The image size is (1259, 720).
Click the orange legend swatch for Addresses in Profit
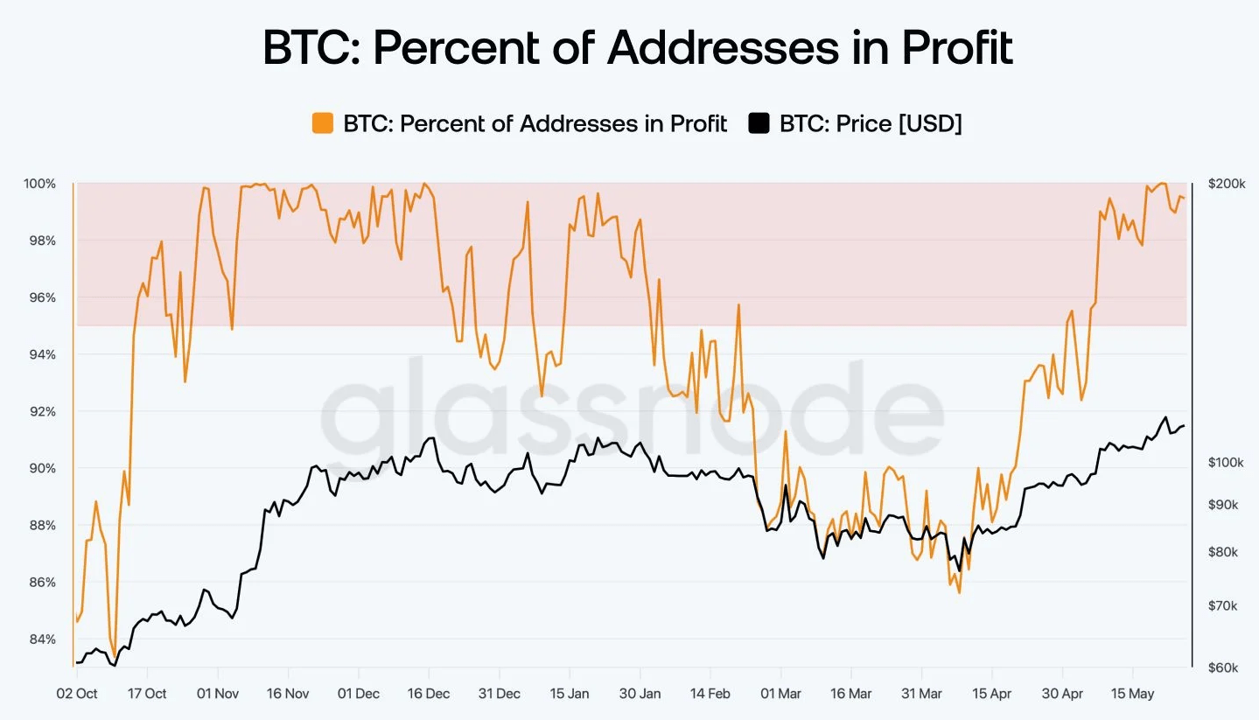tap(322, 123)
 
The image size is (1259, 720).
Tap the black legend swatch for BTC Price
tap(759, 123)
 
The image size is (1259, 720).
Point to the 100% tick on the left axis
tap(40, 184)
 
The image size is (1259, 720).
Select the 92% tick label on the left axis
tap(40, 411)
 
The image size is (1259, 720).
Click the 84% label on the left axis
tap(40, 639)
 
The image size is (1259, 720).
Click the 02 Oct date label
tap(77, 694)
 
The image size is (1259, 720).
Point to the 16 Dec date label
tap(429, 694)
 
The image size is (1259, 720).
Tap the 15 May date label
tap(1132, 694)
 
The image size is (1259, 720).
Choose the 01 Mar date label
tap(780, 694)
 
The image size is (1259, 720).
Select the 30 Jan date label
tap(640, 694)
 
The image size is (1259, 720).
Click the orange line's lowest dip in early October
tap(115, 655)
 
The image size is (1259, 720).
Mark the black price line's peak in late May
tap(1165, 417)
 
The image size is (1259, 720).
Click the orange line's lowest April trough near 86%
tap(960, 592)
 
